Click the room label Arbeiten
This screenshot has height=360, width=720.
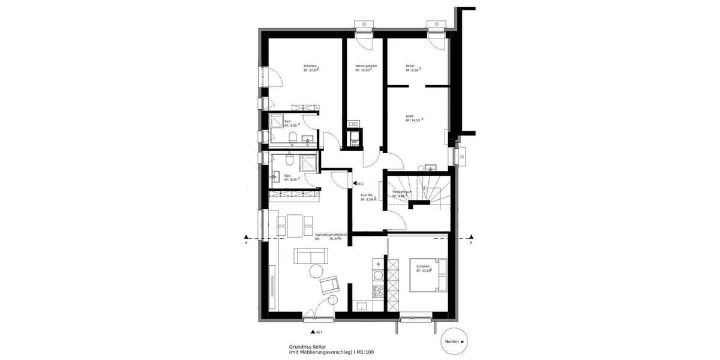[x=310, y=65]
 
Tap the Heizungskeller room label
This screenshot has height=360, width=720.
[x=366, y=65]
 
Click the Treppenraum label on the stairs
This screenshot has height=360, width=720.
[x=402, y=191]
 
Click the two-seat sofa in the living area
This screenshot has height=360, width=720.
[x=310, y=257]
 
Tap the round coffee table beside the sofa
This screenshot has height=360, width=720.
[x=315, y=272]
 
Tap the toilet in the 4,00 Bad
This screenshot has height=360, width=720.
[x=292, y=140]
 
